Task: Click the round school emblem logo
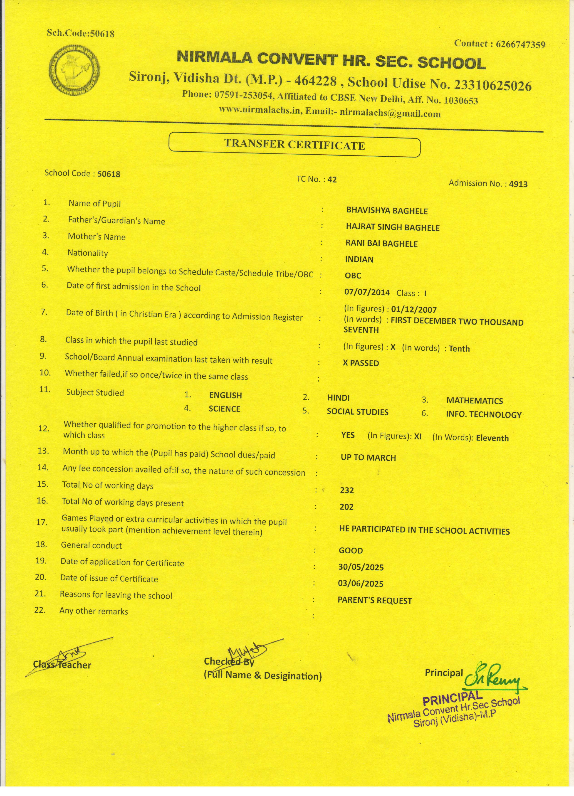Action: [x=74, y=70]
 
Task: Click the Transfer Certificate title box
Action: [x=294, y=145]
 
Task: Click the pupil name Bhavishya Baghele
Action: [x=387, y=211]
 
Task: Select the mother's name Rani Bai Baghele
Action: [x=382, y=244]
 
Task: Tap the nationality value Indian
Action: [x=359, y=259]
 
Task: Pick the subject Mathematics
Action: [x=474, y=401]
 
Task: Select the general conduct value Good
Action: [x=351, y=550]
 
